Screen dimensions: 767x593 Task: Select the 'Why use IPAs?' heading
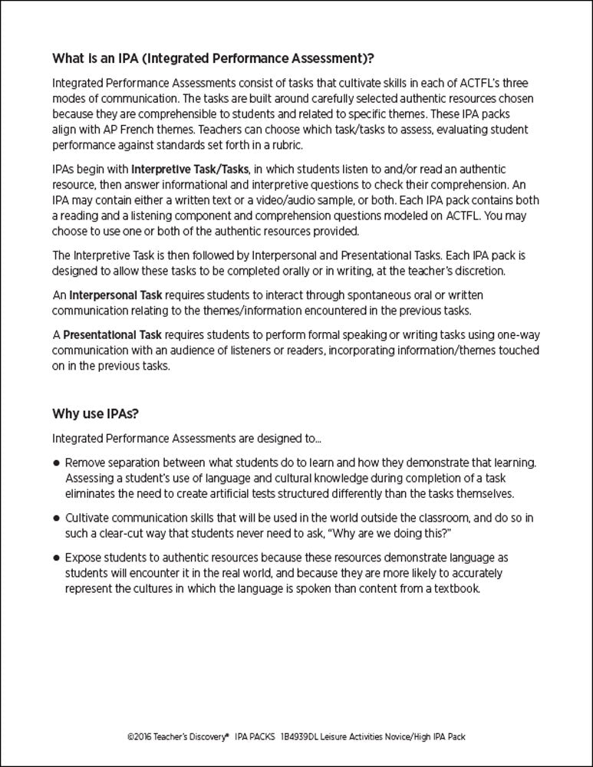(x=95, y=414)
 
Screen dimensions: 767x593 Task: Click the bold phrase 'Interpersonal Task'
(x=114, y=295)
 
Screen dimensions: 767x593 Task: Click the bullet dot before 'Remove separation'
(x=57, y=464)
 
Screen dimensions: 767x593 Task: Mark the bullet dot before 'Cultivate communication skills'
(x=57, y=518)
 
